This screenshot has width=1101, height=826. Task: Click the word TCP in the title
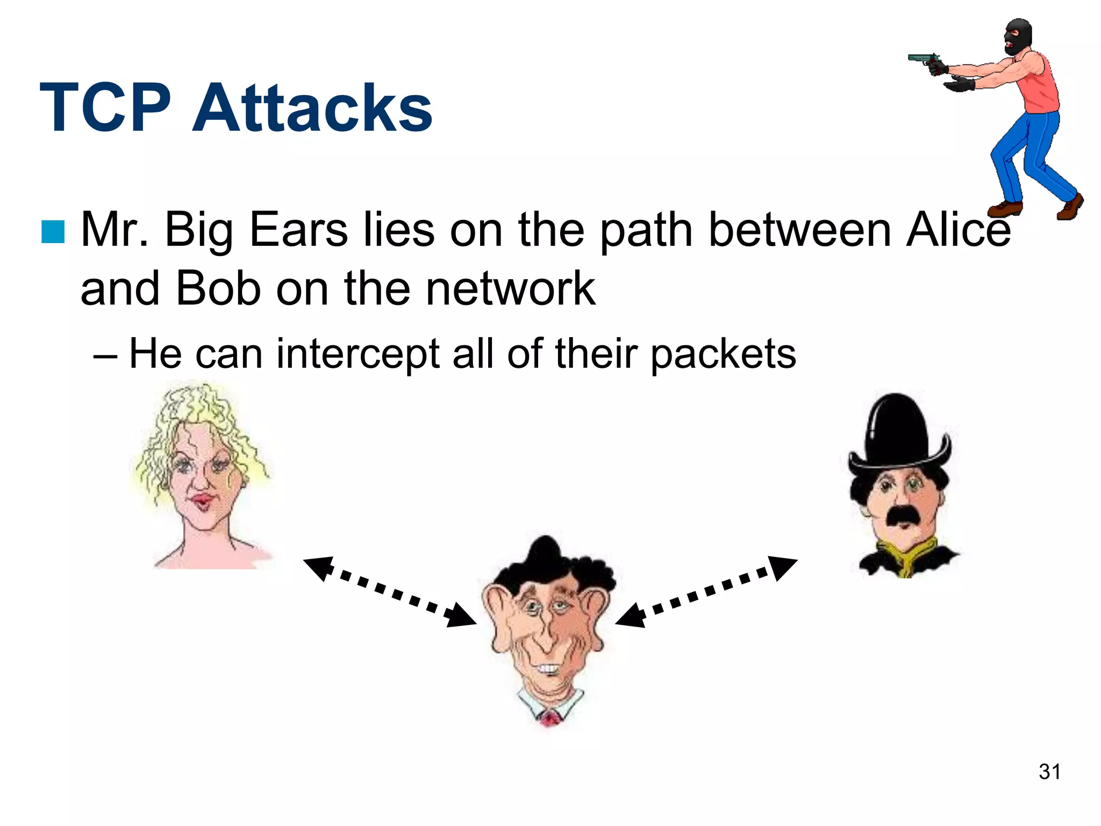(105, 108)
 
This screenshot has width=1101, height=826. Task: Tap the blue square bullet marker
(53, 231)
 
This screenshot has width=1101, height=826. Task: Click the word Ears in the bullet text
(298, 230)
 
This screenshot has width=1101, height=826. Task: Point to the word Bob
(218, 289)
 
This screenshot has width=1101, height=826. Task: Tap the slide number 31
(1049, 772)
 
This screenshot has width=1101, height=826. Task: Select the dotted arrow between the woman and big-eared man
(390, 592)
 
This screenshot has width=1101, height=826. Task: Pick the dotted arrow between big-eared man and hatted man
(706, 592)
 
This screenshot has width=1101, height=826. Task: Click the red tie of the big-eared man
(549, 718)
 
